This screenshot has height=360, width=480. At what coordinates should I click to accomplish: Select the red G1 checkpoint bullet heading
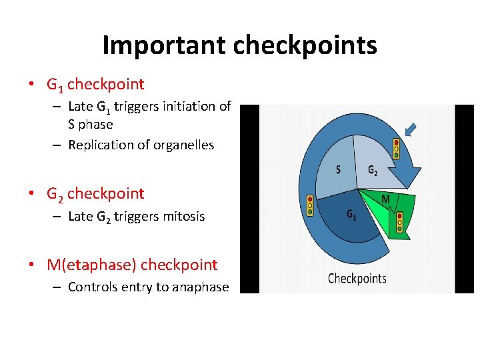click(x=95, y=85)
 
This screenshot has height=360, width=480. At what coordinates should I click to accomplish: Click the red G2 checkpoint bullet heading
click(x=95, y=194)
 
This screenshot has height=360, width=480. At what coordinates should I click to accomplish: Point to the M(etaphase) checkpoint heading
click(x=132, y=265)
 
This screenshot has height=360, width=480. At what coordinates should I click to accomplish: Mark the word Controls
click(x=94, y=287)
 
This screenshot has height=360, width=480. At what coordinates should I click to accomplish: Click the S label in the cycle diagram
click(x=338, y=169)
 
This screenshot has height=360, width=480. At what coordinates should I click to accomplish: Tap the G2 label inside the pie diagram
click(x=373, y=170)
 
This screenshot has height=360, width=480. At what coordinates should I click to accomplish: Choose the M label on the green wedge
click(x=385, y=199)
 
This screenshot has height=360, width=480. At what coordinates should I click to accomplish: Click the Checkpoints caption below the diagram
click(x=357, y=278)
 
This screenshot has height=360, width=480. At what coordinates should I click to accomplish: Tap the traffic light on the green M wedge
click(x=399, y=221)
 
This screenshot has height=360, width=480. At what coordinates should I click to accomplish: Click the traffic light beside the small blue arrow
click(x=396, y=148)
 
